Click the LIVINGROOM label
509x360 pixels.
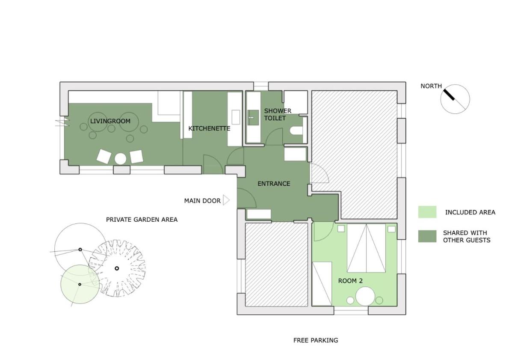tap(110, 121)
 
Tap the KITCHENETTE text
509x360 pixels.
tap(209, 128)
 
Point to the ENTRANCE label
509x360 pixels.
tap(274, 184)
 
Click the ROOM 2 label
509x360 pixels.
tap(350, 281)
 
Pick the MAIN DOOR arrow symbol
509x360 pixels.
tap(226, 200)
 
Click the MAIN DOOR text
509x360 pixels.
tap(202, 201)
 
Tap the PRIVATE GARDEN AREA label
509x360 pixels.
tap(142, 220)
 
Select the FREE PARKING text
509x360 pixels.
tap(316, 340)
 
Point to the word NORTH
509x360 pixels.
tap(431, 86)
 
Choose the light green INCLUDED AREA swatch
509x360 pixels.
tap(427, 212)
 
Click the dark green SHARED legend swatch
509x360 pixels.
tap(427, 236)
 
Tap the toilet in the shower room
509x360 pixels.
tap(296, 131)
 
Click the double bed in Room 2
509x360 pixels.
tap(367, 247)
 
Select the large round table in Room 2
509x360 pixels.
tap(365, 296)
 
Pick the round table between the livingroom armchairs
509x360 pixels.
tap(121, 159)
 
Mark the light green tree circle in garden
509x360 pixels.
tap(80, 284)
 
